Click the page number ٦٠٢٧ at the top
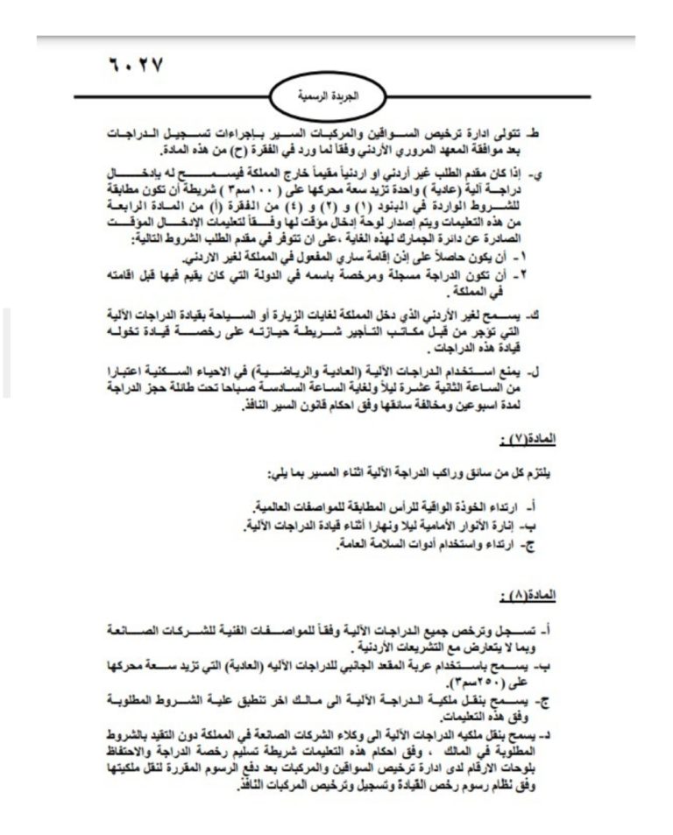tap(133, 66)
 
